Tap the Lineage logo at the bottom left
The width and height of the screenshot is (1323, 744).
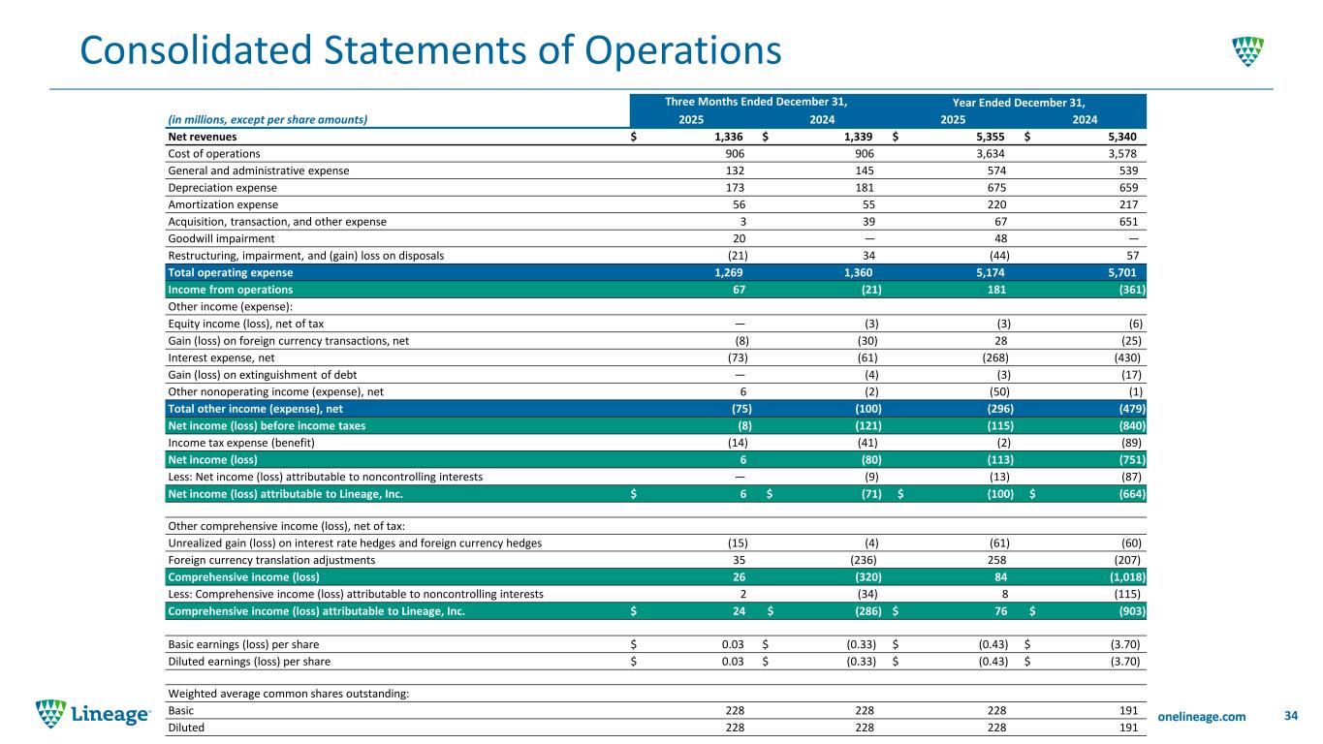pyautogui.click(x=93, y=714)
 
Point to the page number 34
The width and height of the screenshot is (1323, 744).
pyautogui.click(x=1290, y=716)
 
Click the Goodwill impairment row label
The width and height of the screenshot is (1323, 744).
pyautogui.click(x=221, y=238)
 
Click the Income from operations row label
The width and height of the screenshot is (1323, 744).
pyautogui.click(x=231, y=290)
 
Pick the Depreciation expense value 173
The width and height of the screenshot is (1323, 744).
pyautogui.click(x=735, y=188)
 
